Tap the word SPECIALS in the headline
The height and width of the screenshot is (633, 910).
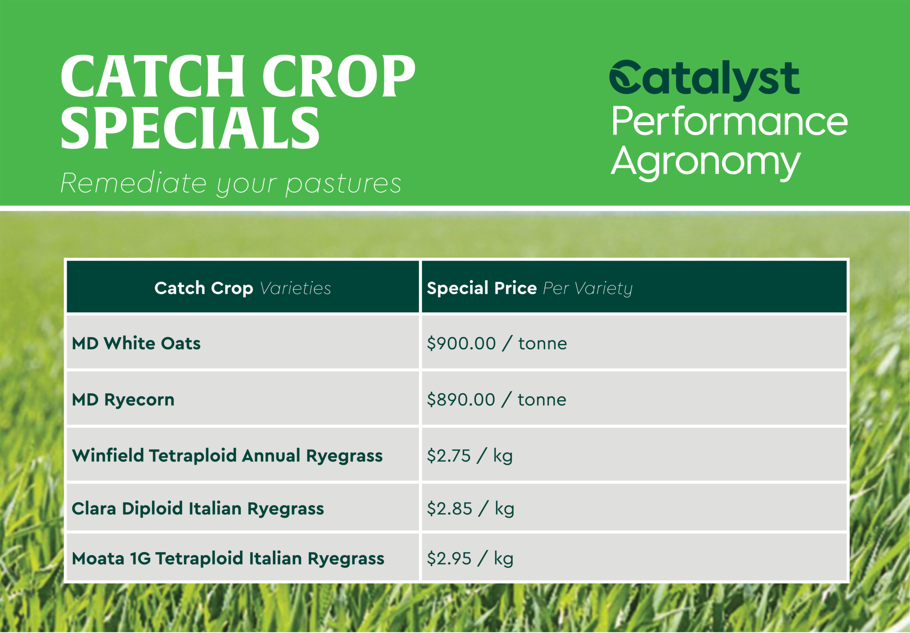tap(190, 128)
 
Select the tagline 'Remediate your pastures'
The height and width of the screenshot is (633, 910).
tap(231, 183)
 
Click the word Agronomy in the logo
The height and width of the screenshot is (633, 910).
tap(706, 162)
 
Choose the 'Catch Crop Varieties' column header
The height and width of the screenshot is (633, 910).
tap(243, 288)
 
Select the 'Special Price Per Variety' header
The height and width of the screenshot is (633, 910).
tap(530, 288)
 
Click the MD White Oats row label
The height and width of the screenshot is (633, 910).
tap(136, 343)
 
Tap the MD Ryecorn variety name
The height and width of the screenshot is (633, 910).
tap(123, 400)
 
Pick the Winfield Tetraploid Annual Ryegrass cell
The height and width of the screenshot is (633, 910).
tap(227, 456)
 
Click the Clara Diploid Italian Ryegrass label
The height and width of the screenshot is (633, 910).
tap(198, 509)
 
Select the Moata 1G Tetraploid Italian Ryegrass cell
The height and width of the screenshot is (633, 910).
tap(228, 559)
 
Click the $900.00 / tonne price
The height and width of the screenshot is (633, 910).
tap(497, 343)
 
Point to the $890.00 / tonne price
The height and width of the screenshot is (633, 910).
tap(496, 400)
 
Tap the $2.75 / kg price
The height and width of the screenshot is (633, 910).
tap(470, 456)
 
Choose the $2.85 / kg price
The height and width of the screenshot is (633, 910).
tap(471, 509)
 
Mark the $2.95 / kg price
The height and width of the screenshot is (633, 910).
tap(470, 559)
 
